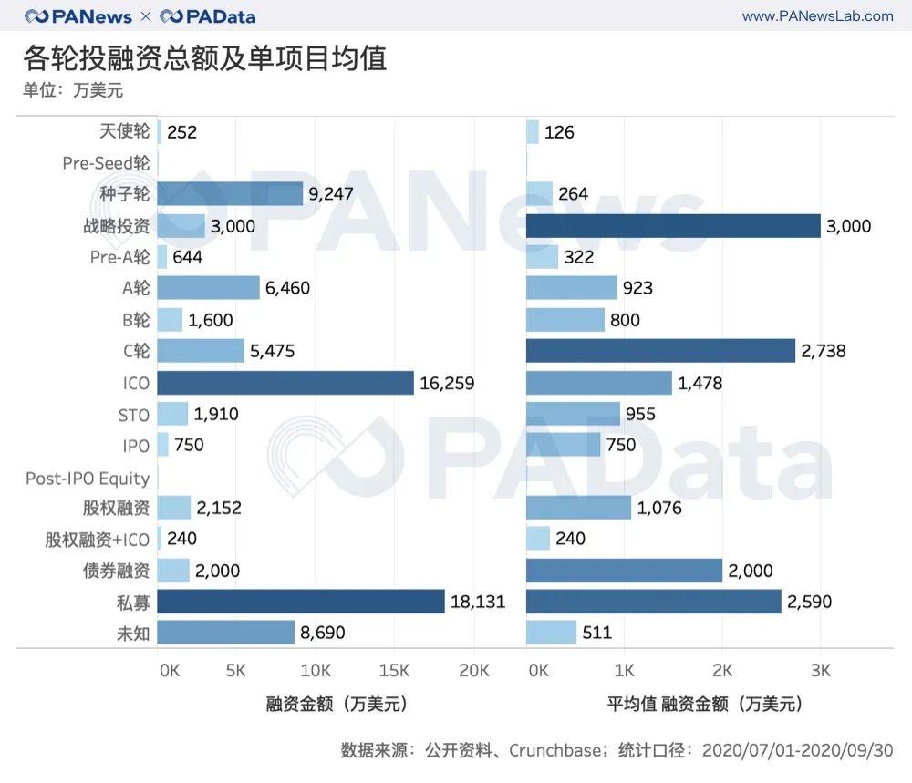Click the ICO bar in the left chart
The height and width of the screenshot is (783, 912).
(285, 383)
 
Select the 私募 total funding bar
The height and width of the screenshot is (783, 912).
(300, 601)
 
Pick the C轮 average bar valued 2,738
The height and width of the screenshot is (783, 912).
(660, 351)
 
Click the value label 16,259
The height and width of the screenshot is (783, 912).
(447, 383)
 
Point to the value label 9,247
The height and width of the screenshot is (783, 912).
(331, 193)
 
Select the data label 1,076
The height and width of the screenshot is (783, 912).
(660, 508)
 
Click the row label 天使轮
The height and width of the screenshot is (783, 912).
(124, 132)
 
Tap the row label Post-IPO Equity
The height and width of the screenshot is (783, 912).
(88, 478)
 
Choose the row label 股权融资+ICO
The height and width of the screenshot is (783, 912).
(98, 540)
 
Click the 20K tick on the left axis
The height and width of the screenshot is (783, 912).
(473, 672)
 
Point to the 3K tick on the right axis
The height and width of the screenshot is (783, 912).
(820, 672)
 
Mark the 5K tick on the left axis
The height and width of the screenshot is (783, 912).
(235, 672)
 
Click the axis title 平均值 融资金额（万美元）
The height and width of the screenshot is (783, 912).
(705, 704)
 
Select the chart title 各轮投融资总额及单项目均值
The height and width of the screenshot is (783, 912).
(205, 57)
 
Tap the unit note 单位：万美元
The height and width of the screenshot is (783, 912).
(73, 90)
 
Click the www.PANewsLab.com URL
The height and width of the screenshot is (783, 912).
(817, 16)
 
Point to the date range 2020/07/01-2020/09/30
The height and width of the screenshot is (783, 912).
(797, 750)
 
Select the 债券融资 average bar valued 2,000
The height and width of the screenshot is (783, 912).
(624, 571)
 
